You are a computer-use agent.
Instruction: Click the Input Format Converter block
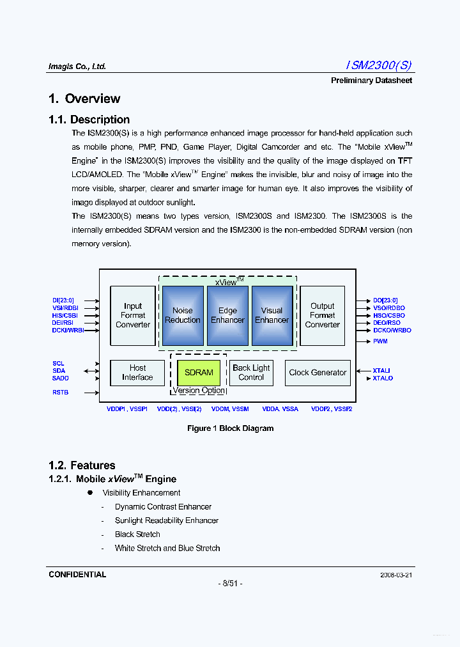click(133, 315)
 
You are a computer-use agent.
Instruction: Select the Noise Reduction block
click(183, 315)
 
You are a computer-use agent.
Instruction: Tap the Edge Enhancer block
click(227, 315)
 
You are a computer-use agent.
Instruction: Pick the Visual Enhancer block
click(272, 315)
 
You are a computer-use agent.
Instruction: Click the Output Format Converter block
click(322, 315)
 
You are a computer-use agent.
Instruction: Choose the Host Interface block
click(137, 373)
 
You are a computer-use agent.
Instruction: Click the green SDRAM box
click(199, 373)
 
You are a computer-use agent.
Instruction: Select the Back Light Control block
click(251, 373)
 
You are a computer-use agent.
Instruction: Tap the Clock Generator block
click(318, 373)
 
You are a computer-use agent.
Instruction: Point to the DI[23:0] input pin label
click(63, 300)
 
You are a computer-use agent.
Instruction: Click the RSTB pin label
click(61, 393)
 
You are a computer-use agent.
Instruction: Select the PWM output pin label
click(381, 341)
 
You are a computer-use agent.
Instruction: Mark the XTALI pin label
click(382, 371)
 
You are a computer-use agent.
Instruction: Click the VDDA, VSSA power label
click(281, 409)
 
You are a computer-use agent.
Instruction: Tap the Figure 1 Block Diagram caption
click(230, 428)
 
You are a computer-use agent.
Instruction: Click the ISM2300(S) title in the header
click(379, 65)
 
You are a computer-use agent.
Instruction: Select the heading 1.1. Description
click(89, 120)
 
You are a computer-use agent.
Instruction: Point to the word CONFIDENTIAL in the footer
click(77, 575)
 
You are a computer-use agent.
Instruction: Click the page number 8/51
click(230, 584)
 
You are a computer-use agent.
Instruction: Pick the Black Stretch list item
click(137, 534)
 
